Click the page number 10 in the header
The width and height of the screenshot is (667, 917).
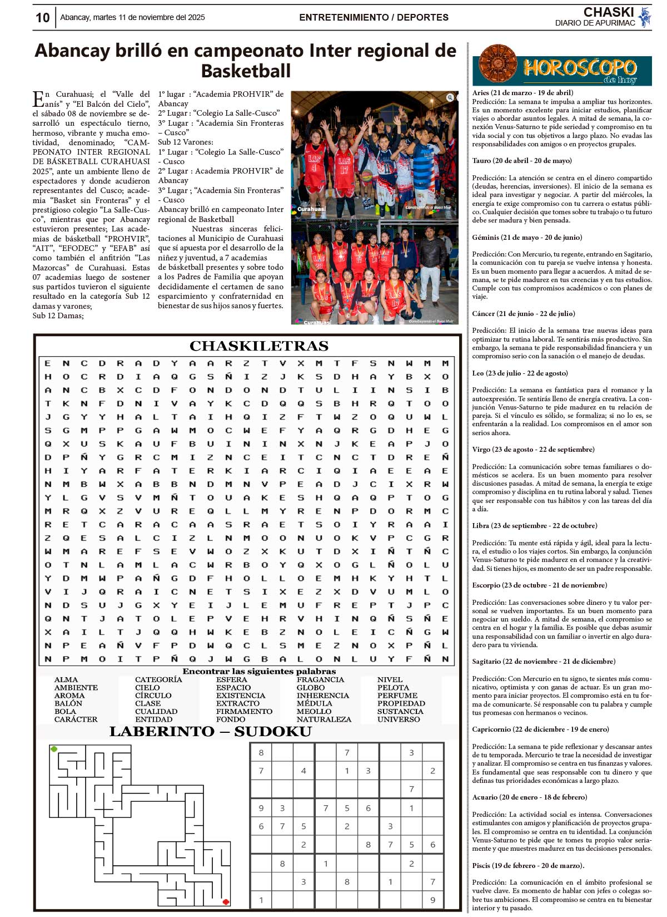point(43,18)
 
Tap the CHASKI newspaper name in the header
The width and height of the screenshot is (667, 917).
point(608,12)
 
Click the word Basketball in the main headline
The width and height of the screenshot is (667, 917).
point(246,71)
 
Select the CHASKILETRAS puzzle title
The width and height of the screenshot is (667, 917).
point(258,346)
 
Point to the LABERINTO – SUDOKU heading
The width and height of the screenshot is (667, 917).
point(210,732)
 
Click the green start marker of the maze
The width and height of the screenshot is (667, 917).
point(54,749)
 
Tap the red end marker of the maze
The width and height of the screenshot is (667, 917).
point(226,901)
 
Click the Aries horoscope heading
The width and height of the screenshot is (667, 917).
point(522,93)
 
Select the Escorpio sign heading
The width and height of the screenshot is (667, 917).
point(539,585)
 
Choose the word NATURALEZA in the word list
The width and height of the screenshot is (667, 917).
point(323,719)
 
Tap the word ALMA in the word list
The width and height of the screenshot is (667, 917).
point(66,680)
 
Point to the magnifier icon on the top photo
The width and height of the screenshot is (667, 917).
point(450,97)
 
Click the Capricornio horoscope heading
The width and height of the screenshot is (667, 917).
point(540,729)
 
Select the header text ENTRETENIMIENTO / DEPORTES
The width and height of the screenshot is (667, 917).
point(374,18)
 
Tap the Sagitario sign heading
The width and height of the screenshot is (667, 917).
point(544,662)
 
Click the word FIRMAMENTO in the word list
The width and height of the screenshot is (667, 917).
point(244,712)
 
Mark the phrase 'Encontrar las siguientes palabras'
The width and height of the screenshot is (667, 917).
point(259,672)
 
